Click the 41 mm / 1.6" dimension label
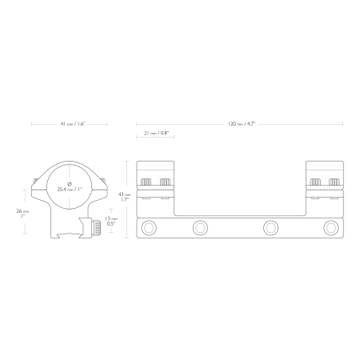[73, 124]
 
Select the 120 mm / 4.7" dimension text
[242, 124]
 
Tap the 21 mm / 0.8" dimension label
[156, 133]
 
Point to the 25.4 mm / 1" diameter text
[70, 190]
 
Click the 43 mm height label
[125, 197]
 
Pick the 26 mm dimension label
[22, 214]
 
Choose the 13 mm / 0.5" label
[111, 221]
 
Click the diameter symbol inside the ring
[70, 184]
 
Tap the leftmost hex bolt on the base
[149, 228]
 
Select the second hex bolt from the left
[200, 228]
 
